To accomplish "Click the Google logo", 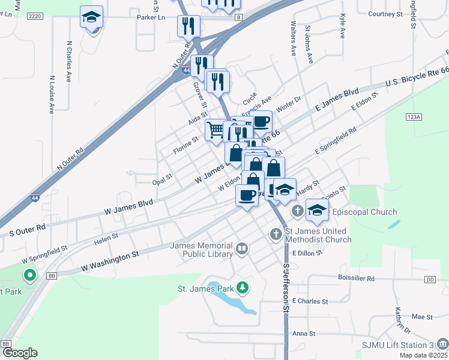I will tap(19, 353).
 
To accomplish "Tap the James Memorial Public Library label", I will tap(201, 250).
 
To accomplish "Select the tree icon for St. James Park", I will tap(243, 289).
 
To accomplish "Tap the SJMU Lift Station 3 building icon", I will tap(442, 344).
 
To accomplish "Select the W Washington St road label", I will tap(110, 260).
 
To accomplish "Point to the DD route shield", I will tap(430, 280).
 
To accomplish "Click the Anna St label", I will tap(303, 334).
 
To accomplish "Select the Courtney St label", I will tap(385, 14).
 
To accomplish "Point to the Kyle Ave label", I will tap(343, 27).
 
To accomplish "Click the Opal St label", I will tap(162, 178).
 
